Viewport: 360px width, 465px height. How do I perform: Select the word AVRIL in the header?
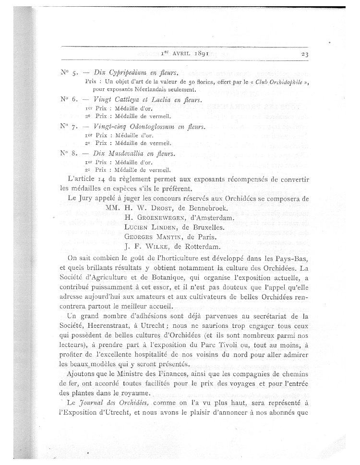pos(168,54)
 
